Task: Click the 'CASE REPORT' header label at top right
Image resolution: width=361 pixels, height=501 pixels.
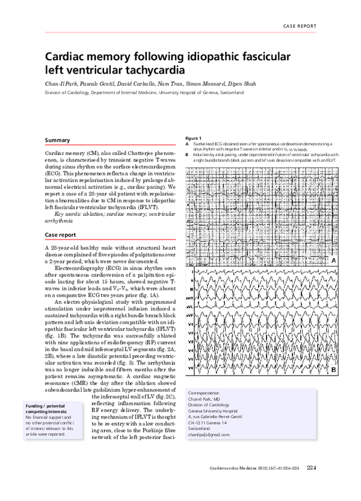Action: click(298, 27)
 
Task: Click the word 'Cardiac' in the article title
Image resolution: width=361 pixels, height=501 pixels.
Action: click(69, 57)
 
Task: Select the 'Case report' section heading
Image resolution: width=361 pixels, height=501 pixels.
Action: click(61, 235)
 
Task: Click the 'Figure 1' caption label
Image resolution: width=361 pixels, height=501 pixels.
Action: click(194, 139)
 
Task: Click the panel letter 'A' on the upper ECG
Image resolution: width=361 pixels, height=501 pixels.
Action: click(333, 260)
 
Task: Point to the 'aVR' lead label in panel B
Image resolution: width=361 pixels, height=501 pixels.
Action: click(191, 298)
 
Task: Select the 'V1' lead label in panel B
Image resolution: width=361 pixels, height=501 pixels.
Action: click(191, 324)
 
